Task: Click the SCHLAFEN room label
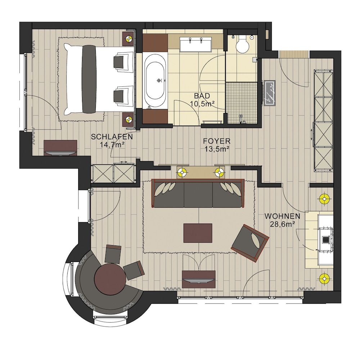pos(112,141)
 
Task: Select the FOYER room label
pos(217,145)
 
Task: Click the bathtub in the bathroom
pos(156,80)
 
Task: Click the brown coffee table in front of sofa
pos(198,233)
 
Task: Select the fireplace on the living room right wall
pos(325,238)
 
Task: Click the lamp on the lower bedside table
pos(129,119)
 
